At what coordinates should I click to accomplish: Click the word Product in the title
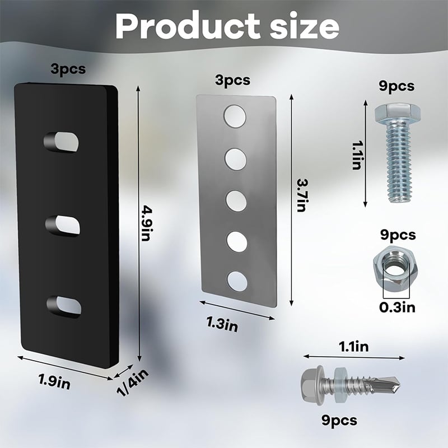point(188,26)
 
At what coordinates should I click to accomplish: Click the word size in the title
point(305,26)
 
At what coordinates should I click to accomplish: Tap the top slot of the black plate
point(61,142)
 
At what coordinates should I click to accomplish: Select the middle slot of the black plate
point(63,226)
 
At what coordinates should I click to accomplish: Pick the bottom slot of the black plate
point(64,307)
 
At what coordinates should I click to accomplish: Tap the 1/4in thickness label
point(133,382)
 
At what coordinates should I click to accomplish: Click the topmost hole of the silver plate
point(235,116)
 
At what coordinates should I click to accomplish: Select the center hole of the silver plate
point(236,201)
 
